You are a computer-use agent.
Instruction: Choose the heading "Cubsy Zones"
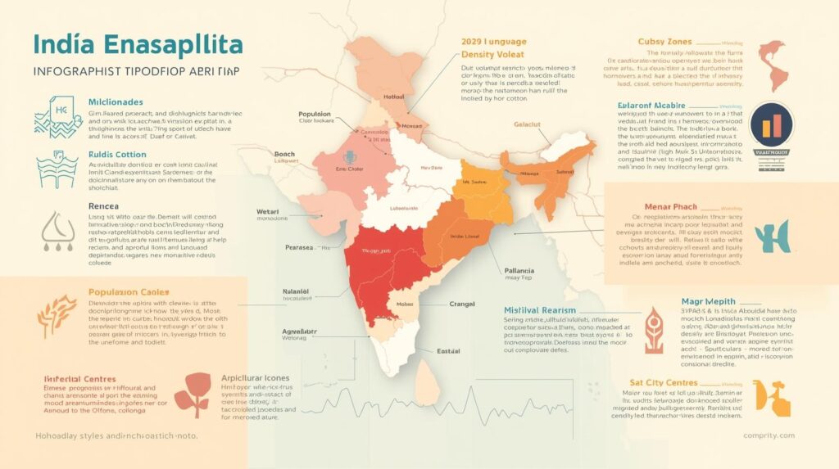(x=664, y=41)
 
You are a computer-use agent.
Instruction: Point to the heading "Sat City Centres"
(x=664, y=382)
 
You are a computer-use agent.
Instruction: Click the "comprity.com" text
(x=769, y=435)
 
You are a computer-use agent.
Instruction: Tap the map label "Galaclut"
(x=529, y=124)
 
